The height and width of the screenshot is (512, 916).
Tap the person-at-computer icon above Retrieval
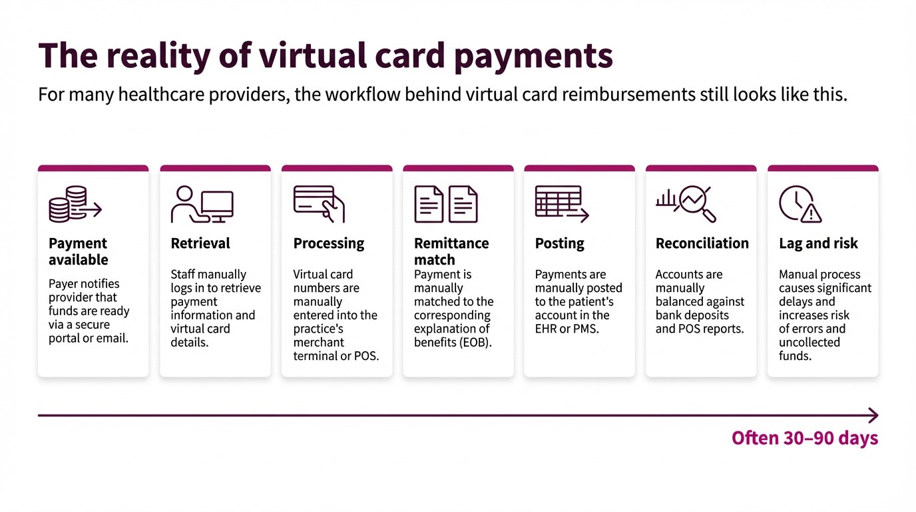click(x=202, y=204)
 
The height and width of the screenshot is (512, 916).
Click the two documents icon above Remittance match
click(x=445, y=204)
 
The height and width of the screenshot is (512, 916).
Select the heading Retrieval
click(x=200, y=243)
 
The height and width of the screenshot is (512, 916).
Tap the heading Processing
click(x=329, y=243)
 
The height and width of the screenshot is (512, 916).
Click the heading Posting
click(x=559, y=243)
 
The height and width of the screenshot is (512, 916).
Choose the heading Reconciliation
click(x=702, y=243)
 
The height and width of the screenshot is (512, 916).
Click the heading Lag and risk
click(x=818, y=243)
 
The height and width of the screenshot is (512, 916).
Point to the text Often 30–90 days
click(x=805, y=438)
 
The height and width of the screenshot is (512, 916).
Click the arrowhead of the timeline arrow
click(x=873, y=415)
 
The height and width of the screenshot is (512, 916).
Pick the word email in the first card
click(x=111, y=338)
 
